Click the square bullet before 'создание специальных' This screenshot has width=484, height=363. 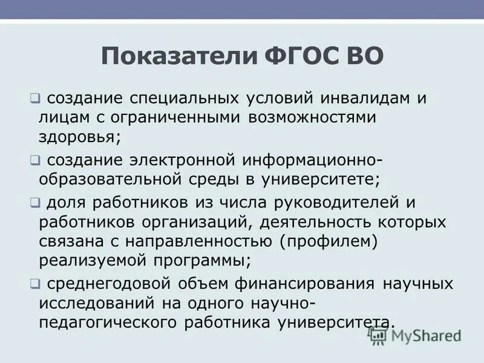[x=35, y=97]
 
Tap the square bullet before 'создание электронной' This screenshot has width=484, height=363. [x=35, y=160]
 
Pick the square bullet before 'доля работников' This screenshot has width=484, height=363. [x=35, y=202]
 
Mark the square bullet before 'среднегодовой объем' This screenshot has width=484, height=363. [x=35, y=284]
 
